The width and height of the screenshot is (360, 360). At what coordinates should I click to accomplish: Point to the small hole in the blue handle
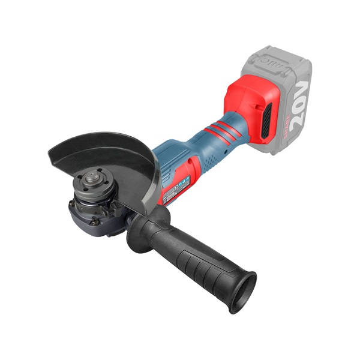pos(225,152)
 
